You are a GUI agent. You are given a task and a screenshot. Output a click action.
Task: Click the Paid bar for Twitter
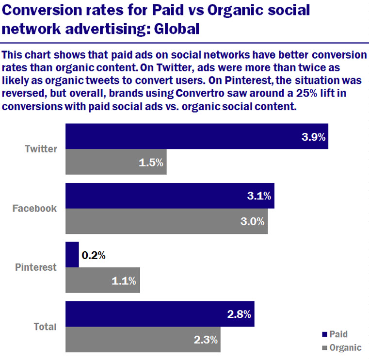tap(196, 136)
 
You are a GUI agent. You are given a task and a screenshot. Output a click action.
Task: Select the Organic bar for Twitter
tap(116, 162)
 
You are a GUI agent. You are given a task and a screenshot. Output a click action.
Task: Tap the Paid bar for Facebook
tap(170, 196)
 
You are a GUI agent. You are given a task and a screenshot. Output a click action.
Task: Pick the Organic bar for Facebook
tap(166, 222)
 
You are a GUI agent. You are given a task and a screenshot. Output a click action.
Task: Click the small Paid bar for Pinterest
tap(72, 255)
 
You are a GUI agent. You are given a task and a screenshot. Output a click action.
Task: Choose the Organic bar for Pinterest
tap(102, 280)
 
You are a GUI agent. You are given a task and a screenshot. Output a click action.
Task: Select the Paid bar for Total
tap(160, 314)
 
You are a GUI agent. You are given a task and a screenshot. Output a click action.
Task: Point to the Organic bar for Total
tap(143, 340)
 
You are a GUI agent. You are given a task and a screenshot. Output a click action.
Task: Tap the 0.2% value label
tap(94, 255)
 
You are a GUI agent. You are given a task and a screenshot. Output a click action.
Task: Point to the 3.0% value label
tap(253, 222)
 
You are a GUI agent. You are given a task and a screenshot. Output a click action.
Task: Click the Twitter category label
tap(41, 149)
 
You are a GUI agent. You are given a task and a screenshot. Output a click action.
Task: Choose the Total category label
tap(45, 327)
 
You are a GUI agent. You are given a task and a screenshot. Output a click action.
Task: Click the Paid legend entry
tap(335, 334)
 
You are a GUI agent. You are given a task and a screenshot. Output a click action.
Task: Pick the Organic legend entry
tap(341, 347)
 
